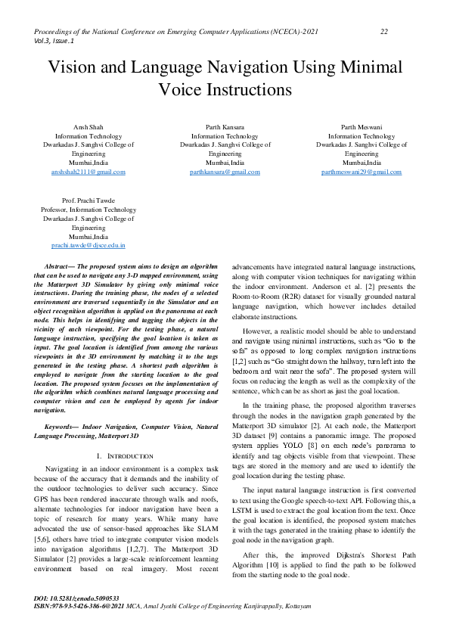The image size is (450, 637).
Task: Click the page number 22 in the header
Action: (384, 31)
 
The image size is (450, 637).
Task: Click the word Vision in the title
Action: (74, 67)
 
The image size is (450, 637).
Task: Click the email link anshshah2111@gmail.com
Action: (88, 172)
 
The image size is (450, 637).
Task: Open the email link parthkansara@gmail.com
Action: (225, 172)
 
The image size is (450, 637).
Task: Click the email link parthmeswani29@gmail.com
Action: (361, 172)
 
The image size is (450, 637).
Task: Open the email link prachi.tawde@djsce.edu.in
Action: (88, 245)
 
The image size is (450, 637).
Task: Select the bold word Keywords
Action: (62, 427)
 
